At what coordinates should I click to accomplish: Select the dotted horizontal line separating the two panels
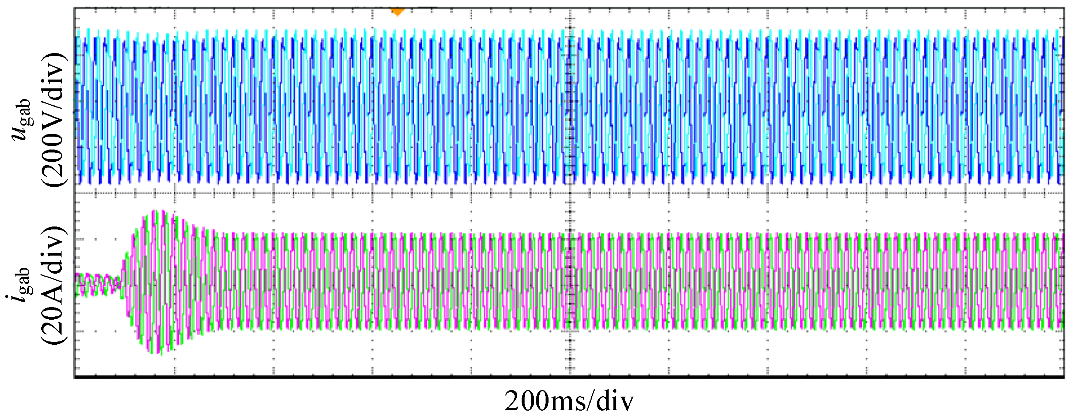[x=333, y=193]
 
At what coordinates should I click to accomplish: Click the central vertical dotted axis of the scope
[x=570, y=125]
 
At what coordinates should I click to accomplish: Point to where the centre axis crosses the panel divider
[x=570, y=193]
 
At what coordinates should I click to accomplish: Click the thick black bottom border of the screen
[x=569, y=377]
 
